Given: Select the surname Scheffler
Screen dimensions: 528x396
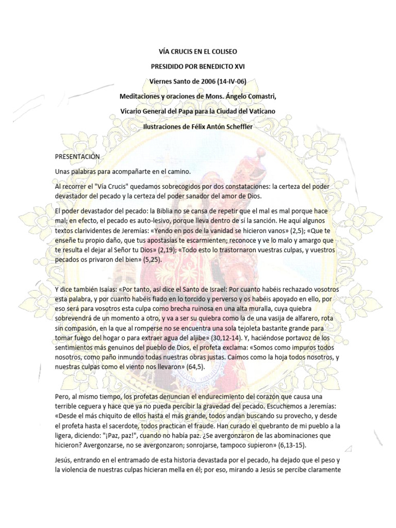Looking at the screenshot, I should coord(233,126).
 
